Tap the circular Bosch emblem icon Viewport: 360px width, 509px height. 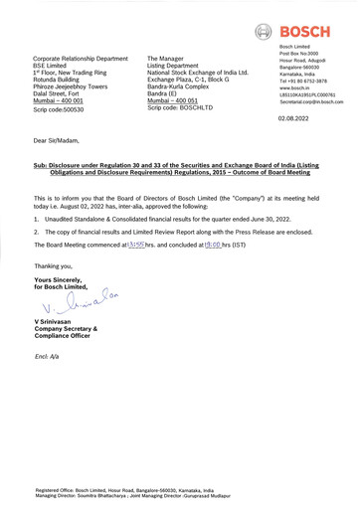click(264, 32)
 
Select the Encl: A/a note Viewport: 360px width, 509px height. click(49, 355)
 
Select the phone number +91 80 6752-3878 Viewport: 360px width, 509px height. click(308, 81)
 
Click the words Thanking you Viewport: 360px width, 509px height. click(54, 266)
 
